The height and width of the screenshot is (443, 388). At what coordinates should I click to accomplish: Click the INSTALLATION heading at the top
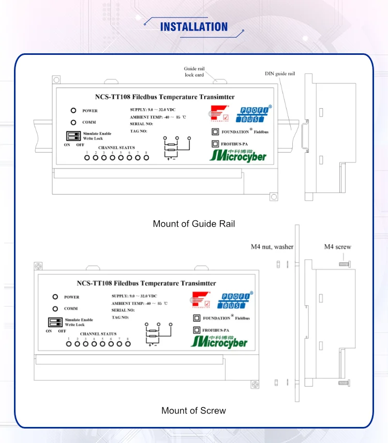click(194, 27)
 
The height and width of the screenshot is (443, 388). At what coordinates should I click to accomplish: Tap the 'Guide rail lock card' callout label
click(194, 71)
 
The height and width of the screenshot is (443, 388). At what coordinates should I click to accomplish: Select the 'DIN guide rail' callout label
click(280, 74)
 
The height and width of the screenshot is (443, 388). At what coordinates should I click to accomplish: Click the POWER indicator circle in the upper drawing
click(73, 111)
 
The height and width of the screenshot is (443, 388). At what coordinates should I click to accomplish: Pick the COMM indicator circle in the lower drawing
click(55, 308)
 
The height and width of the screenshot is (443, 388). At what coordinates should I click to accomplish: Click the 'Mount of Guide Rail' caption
click(194, 224)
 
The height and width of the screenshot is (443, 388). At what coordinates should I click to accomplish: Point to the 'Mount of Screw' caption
click(194, 410)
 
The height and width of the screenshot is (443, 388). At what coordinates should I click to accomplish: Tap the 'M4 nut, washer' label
click(272, 247)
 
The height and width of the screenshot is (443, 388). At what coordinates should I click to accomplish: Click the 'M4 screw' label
click(337, 247)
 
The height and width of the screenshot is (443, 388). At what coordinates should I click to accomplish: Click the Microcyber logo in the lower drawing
click(219, 341)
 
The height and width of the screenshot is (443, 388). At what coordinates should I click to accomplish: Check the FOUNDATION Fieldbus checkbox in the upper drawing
click(215, 131)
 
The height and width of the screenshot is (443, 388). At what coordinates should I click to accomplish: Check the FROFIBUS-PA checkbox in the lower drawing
click(197, 330)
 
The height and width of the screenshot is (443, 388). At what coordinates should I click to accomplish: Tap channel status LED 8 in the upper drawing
click(146, 157)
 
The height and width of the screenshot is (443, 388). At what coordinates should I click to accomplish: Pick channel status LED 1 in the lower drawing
click(68, 344)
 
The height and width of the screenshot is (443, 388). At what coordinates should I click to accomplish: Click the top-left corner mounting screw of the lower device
click(38, 266)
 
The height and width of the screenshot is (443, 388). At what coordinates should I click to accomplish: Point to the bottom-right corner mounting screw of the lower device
click(255, 385)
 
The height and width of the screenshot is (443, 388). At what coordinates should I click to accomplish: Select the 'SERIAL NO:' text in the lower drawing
click(122, 310)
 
